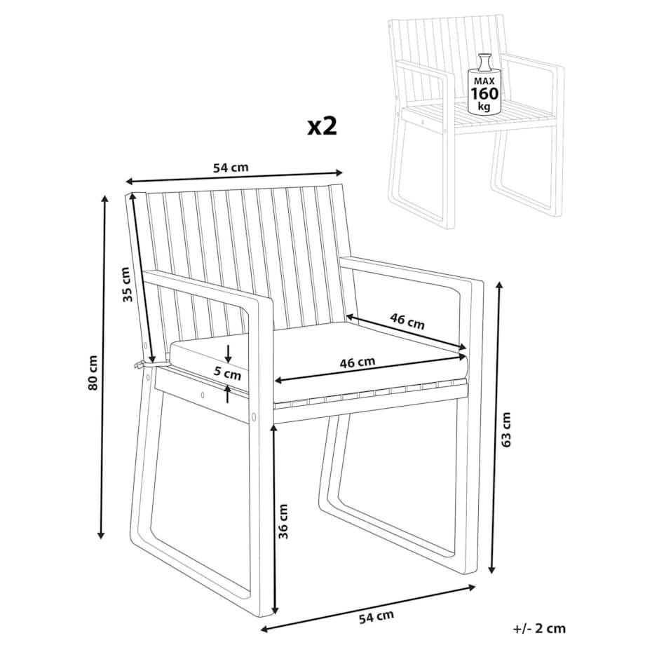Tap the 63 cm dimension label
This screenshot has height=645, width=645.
(x=506, y=429)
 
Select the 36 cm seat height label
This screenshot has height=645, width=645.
(x=283, y=521)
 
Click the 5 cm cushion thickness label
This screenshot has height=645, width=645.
(x=227, y=373)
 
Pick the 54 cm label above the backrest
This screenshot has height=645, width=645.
(x=231, y=168)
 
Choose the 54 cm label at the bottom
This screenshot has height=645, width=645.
(x=376, y=617)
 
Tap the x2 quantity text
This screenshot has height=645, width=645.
(x=322, y=126)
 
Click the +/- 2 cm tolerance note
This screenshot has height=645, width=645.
(x=539, y=629)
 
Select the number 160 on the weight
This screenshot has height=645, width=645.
(x=484, y=94)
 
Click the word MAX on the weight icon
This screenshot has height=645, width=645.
(x=484, y=81)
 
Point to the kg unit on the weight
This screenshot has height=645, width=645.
(x=484, y=107)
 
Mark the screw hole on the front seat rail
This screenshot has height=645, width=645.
(x=202, y=395)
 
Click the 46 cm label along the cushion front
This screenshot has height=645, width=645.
(x=358, y=362)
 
